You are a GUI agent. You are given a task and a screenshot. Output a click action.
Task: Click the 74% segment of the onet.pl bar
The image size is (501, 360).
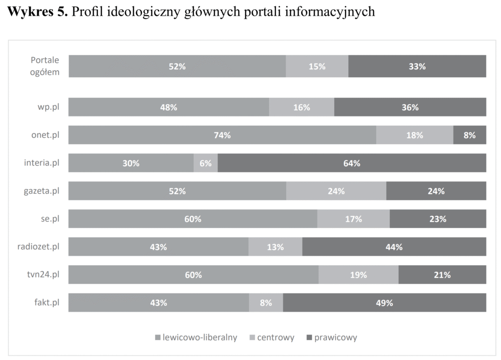[x=222, y=135]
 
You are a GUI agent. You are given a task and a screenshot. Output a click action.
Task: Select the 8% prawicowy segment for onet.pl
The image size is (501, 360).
[x=469, y=135]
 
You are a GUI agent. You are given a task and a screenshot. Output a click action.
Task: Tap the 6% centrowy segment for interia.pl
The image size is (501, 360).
[x=205, y=163]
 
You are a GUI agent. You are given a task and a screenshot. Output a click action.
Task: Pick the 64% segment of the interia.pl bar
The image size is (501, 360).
[x=352, y=163]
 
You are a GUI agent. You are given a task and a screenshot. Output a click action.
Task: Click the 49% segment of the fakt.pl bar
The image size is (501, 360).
[x=384, y=303]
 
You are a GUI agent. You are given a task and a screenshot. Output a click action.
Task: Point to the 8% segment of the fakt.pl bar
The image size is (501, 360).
[x=266, y=303]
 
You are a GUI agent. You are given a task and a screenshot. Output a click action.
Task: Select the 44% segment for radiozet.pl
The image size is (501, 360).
[x=394, y=247]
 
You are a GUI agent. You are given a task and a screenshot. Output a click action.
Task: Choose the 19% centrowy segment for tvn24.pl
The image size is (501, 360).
[x=358, y=275]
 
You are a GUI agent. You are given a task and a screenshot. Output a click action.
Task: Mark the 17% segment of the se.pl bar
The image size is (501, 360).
[x=353, y=219]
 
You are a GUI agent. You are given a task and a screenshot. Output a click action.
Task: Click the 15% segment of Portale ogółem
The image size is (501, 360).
[x=317, y=67]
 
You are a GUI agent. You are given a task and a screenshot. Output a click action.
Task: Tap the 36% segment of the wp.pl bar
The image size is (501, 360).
[x=410, y=108]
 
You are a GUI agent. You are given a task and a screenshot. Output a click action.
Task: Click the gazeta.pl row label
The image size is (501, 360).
[x=42, y=191]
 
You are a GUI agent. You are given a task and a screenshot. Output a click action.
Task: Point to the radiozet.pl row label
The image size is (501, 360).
[x=38, y=247]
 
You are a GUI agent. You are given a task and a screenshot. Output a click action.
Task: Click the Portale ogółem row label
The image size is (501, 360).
[x=45, y=67]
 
